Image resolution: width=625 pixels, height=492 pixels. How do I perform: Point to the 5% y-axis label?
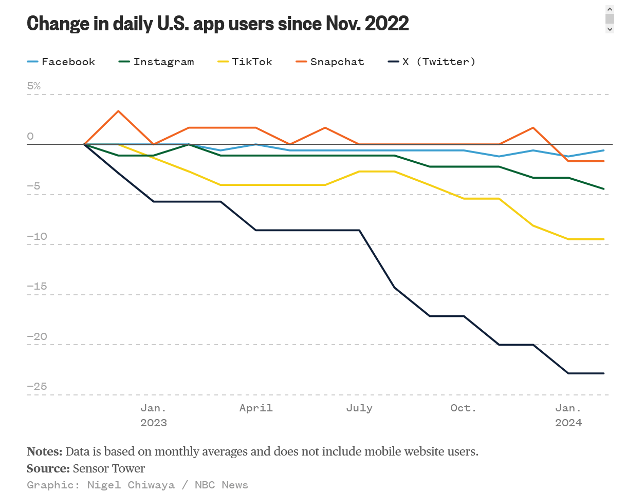(x=34, y=86)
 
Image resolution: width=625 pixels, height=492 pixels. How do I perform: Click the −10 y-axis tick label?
(x=37, y=237)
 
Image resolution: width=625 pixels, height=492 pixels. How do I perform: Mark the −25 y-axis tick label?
(x=37, y=386)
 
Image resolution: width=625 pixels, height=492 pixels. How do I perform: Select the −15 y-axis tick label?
(x=37, y=286)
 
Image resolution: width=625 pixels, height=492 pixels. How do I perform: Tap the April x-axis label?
(x=256, y=408)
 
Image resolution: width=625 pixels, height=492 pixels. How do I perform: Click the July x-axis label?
(x=359, y=408)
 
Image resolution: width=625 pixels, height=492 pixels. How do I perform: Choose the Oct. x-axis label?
(x=464, y=408)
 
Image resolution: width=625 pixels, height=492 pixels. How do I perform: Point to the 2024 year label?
(x=568, y=423)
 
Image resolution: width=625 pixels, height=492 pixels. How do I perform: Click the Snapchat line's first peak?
(x=119, y=111)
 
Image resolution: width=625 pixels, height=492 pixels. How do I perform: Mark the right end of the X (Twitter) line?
(x=603, y=373)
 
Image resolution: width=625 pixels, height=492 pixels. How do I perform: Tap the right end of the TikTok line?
(x=603, y=239)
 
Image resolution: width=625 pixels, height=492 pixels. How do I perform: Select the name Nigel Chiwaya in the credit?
(x=130, y=485)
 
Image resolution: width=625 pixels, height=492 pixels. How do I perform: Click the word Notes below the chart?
(x=44, y=451)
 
